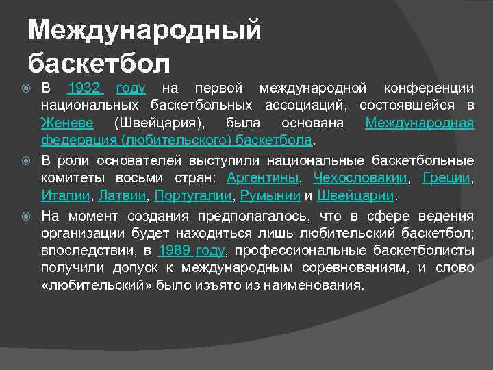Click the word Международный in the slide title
145,31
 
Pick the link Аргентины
262,178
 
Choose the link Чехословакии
359,178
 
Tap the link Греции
447,178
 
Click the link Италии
66,195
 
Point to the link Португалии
193,195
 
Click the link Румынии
269,195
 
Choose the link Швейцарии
356,195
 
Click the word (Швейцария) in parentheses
159,123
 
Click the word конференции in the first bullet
428,88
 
